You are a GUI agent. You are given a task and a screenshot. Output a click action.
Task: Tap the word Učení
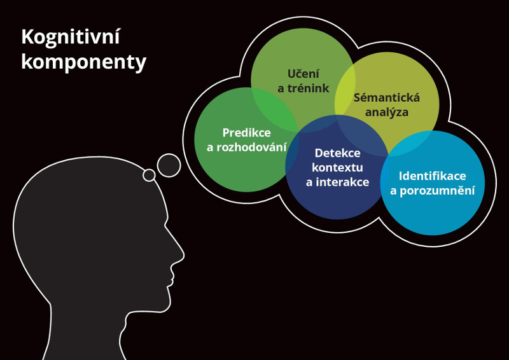click(303, 73)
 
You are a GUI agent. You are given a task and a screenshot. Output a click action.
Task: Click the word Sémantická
click(387, 97)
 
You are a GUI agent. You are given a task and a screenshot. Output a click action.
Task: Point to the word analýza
click(387, 113)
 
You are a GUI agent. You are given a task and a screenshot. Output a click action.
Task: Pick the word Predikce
click(247, 133)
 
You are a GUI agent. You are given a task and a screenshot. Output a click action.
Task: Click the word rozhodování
click(251, 148)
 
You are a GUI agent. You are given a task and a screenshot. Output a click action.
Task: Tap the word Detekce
click(338, 153)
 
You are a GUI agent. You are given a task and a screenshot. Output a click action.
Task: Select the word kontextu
click(337, 167)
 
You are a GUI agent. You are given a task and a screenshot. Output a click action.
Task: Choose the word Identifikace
click(433, 176)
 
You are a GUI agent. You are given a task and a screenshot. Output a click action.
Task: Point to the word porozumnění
click(437, 191)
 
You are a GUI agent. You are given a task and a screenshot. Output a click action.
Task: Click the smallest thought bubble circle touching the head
click(149, 176)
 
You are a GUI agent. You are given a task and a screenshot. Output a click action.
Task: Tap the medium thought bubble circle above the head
click(169, 165)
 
